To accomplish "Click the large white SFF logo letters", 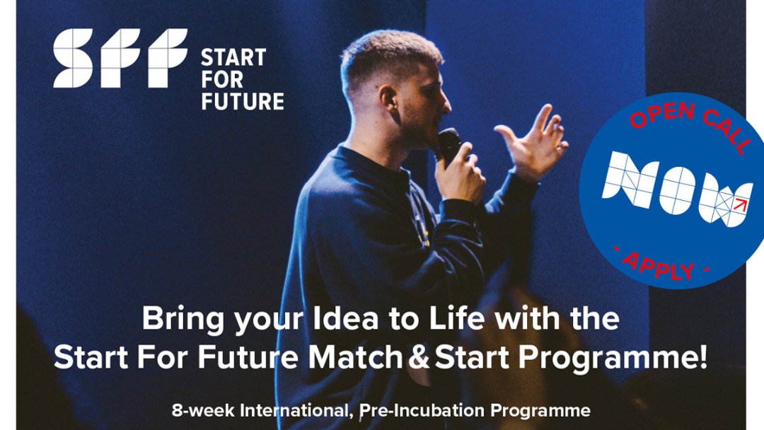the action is (x=120, y=58).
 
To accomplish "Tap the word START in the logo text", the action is (x=233, y=58).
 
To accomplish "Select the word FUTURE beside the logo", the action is (x=243, y=101).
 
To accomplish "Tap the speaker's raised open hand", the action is (x=534, y=141).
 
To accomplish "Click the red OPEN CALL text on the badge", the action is (x=691, y=122).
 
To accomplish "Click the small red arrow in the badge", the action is (x=741, y=204).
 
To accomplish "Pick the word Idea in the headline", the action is (x=345, y=318).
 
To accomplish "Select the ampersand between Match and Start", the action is (x=419, y=357).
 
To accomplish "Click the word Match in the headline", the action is (x=355, y=357).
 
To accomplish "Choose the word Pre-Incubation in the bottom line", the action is (x=422, y=410).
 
